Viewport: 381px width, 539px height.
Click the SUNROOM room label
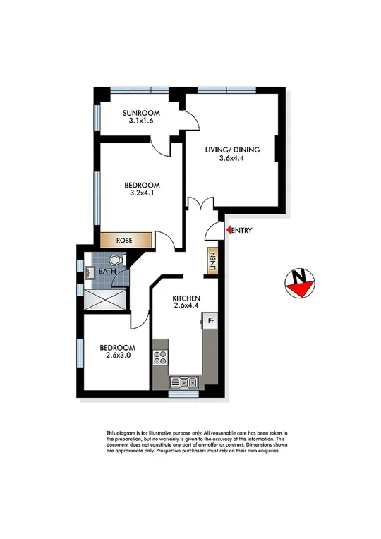141,113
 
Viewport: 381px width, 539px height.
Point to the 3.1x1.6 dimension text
141,121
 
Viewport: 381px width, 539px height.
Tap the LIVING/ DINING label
233,150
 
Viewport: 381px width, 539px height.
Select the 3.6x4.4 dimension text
233,159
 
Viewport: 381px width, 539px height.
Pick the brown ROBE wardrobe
126,240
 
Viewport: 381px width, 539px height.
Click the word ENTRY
241,231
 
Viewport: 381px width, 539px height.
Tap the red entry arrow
227,230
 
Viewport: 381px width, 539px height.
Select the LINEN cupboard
212,262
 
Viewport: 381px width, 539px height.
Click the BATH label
107,271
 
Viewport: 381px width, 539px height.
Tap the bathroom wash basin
90,272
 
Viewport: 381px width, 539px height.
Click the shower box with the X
106,301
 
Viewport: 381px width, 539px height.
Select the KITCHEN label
187,298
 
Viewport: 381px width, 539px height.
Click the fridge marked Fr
210,320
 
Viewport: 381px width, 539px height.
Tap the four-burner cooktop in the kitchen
160,357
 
